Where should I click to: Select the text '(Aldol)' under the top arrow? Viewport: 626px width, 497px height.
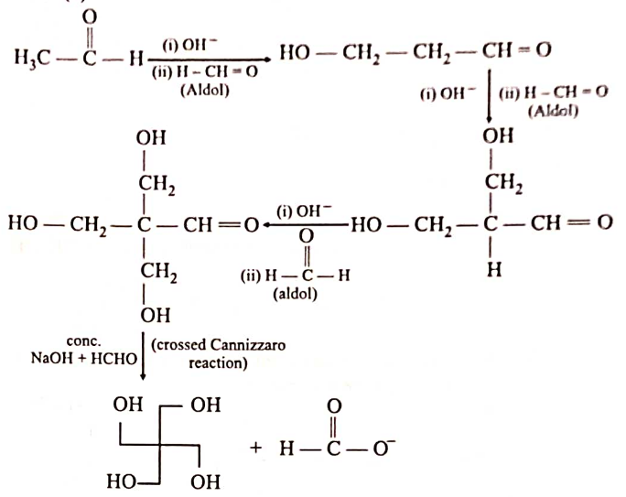tap(210, 90)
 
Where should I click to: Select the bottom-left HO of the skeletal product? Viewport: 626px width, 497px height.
tap(122, 479)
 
